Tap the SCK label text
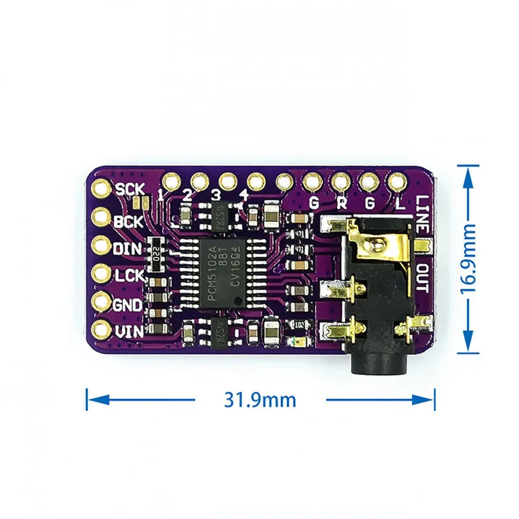click(130, 189)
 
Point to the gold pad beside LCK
click(102, 274)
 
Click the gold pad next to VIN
click(102, 330)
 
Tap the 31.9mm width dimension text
click(260, 399)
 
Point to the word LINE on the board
click(422, 214)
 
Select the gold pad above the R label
click(339, 180)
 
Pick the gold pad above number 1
click(172, 180)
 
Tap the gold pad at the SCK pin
click(102, 189)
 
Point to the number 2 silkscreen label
click(187, 194)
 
